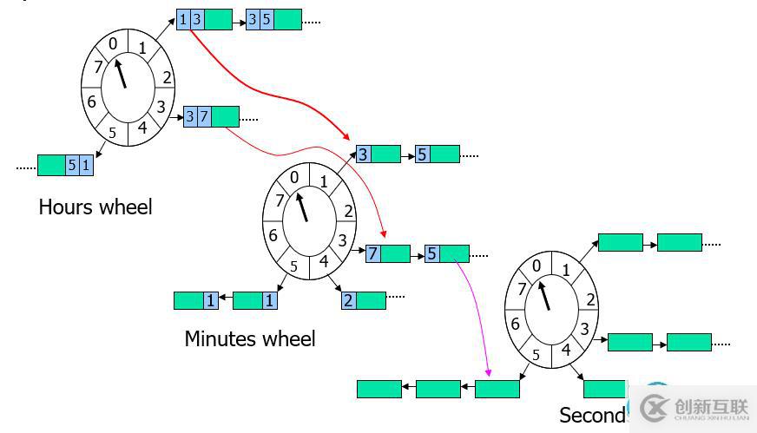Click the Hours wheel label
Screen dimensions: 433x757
coord(95,207)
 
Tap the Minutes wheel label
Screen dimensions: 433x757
coord(250,338)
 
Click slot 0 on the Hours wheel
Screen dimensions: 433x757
coord(113,43)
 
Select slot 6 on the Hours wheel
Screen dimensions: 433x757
coord(91,102)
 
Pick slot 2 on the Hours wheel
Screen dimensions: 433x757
coord(166,78)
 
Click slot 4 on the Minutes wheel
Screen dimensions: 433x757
coord(324,260)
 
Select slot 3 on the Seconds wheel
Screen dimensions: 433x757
coord(584,329)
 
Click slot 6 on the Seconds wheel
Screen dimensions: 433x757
coord(516,324)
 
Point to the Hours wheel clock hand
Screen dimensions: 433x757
coord(121,73)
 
